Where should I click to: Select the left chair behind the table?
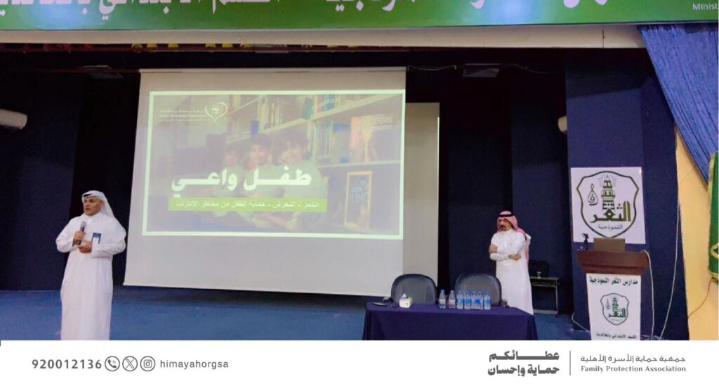point(414,288)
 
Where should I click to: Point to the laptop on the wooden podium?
point(608,244)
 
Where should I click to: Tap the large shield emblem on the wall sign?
point(607,205)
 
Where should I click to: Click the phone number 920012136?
point(67,364)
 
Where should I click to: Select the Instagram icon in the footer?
point(147,364)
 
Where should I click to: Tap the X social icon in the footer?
point(130,364)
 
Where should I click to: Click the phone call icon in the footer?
point(112,364)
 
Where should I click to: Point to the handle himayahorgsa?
point(194,364)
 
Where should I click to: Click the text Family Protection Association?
point(633,369)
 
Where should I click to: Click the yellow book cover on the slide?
point(357,200)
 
